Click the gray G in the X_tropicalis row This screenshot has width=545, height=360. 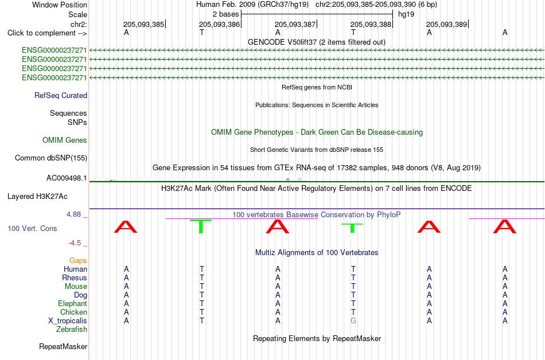click(353, 321)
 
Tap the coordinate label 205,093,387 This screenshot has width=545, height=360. click(295, 24)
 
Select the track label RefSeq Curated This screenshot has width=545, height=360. click(61, 96)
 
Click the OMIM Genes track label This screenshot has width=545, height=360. click(65, 140)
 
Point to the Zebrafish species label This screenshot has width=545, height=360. click(72, 330)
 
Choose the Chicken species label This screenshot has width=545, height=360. click(73, 312)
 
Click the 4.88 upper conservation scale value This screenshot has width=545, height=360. click(73, 214)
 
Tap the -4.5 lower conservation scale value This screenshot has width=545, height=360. click(75, 243)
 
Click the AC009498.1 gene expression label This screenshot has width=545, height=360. click(67, 178)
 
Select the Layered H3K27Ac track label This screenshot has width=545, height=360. click(37, 197)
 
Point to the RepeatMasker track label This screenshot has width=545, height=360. click(63, 346)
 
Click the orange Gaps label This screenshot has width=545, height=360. click(78, 261)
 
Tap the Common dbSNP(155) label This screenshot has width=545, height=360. click(51, 158)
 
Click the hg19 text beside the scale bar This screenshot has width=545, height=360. click(406, 14)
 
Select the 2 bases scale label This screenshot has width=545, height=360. click(226, 14)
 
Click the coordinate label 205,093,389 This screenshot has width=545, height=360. click(447, 24)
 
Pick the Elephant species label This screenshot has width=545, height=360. click(73, 304)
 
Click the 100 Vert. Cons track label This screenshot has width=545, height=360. click(32, 228)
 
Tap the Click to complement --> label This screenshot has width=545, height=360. click(47, 33)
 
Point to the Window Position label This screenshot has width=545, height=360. click(60, 5)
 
